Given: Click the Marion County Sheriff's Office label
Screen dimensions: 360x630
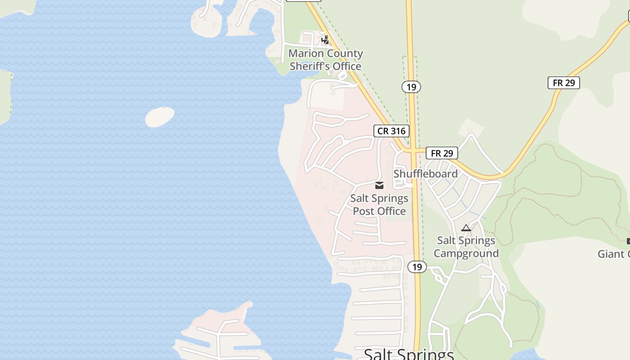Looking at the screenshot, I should coord(325,60).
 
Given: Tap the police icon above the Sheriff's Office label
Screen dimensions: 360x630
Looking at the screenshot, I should coord(325,40).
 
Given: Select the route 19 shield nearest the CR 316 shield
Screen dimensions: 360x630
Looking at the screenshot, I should coord(411,86).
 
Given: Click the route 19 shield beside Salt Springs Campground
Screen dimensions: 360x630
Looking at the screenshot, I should coord(417,267).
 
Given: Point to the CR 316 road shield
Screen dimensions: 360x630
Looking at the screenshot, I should coord(391,131).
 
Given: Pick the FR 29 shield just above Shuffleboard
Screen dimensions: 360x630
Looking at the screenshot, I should coord(442,153).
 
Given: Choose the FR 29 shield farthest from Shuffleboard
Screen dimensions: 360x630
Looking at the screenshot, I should coord(563,83).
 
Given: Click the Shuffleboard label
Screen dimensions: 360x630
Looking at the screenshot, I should coord(425,174).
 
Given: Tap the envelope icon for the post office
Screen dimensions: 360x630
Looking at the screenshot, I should coord(379,185).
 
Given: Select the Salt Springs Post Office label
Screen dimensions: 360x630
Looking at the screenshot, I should coord(379,205).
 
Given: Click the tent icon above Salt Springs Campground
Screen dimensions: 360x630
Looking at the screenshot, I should coord(466,228).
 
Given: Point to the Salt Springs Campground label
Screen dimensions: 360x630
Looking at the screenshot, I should coord(466,247).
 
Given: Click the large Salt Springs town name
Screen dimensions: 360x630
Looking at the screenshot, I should coord(409,355).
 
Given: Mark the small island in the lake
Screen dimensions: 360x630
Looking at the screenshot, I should coord(160,117).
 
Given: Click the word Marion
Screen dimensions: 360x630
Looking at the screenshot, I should coord(306,54).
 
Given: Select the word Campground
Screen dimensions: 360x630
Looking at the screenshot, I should coord(466,253).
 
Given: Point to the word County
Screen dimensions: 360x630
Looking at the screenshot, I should coord(345,54).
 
